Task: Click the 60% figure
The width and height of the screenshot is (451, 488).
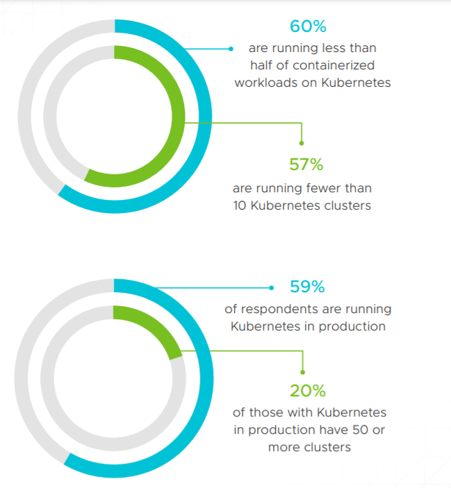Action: click(308, 26)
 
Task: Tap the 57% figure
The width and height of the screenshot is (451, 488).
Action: click(306, 165)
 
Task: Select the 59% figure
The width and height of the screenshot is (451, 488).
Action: click(307, 287)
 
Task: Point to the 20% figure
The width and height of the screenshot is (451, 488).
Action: click(308, 391)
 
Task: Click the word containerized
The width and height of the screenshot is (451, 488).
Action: click(334, 65)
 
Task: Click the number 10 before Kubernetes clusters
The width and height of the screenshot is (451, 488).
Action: click(240, 205)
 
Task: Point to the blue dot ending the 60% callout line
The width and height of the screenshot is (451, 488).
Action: click(231, 49)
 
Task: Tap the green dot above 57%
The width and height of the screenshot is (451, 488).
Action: click(302, 143)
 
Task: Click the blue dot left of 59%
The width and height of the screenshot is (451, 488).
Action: click(271, 288)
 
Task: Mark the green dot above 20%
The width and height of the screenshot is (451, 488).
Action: click(302, 372)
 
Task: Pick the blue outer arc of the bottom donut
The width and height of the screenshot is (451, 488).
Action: click(206, 378)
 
